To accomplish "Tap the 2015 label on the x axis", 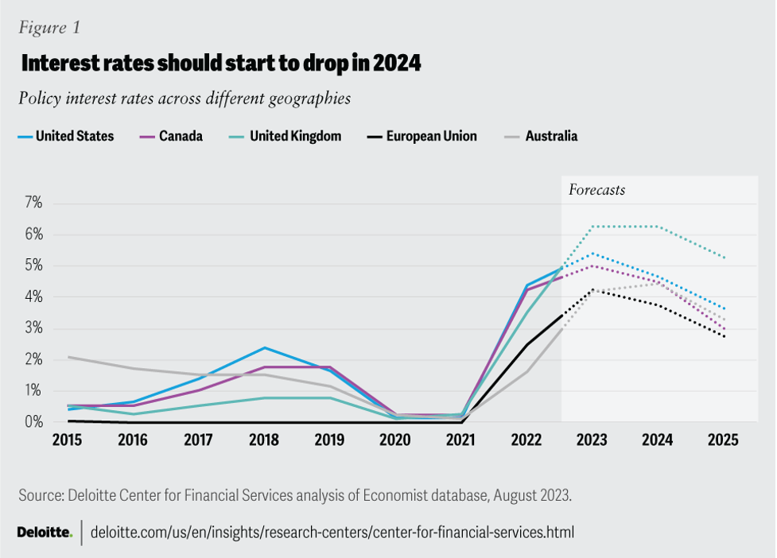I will click(68, 440).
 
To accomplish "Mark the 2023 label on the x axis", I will click(592, 440).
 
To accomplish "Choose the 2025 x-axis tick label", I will click(724, 440).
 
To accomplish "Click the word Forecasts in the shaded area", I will click(596, 190).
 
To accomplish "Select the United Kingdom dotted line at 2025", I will click(724, 258).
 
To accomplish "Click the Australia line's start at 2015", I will click(68, 357).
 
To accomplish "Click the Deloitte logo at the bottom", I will click(45, 531).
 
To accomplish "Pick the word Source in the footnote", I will click(41, 495).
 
